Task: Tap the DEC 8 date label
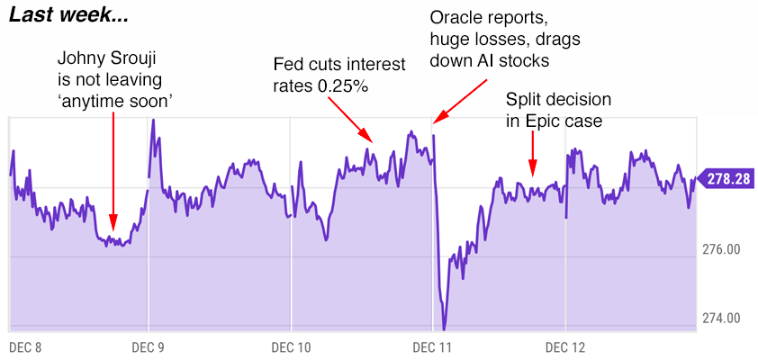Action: point(26,346)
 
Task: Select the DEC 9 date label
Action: point(149,346)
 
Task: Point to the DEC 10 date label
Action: point(291,346)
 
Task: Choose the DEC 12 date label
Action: point(564,346)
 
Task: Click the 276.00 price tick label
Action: point(721,248)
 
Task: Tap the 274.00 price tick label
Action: point(721,318)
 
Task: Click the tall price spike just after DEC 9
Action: point(153,120)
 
